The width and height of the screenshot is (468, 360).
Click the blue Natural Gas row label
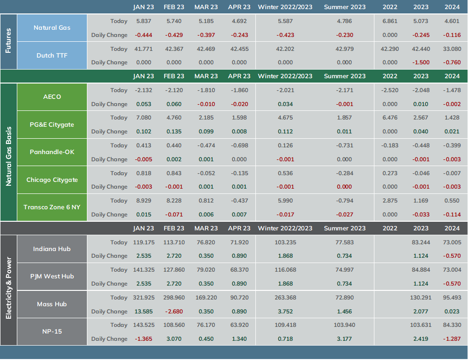52,28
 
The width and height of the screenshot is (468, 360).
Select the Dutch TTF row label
52,56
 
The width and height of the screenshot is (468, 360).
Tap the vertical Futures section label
8,41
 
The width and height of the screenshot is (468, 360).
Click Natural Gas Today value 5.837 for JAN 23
144,21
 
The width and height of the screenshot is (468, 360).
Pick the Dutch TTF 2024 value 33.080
452,49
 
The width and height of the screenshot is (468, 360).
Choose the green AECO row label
52,96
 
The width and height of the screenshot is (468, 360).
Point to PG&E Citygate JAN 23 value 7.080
144,118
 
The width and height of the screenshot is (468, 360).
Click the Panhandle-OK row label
52,152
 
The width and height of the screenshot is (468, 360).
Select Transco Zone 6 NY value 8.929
144,201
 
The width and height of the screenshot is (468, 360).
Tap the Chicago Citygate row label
52,180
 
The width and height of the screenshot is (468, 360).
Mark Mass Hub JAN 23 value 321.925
144,298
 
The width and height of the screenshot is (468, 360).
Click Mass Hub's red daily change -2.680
174,312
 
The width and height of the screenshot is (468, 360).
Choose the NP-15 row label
52,332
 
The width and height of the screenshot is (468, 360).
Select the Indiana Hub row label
52,249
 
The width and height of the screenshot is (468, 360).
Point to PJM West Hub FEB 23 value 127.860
174,270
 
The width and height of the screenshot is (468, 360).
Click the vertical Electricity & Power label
8,288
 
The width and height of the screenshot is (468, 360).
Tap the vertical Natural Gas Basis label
8,156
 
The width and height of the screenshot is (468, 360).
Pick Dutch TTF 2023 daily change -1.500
421,63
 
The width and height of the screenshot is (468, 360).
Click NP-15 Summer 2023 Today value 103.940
345,325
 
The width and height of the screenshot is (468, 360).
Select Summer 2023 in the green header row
345,76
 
